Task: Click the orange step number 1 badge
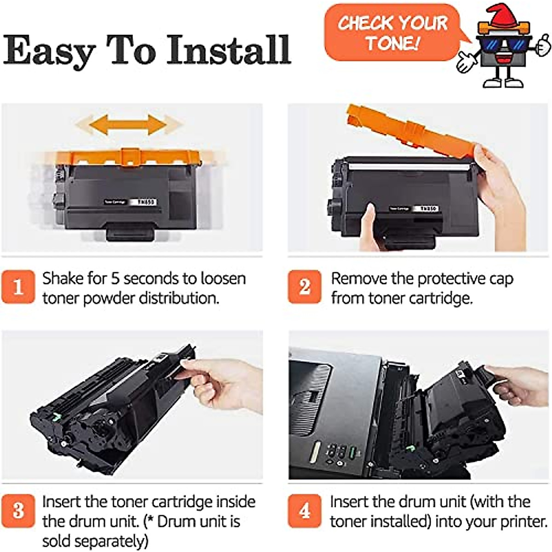click(x=18, y=287)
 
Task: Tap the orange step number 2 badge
click(x=304, y=287)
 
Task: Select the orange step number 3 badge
click(x=18, y=510)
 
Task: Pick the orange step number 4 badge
click(x=304, y=510)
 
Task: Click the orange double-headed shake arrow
click(x=128, y=123)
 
